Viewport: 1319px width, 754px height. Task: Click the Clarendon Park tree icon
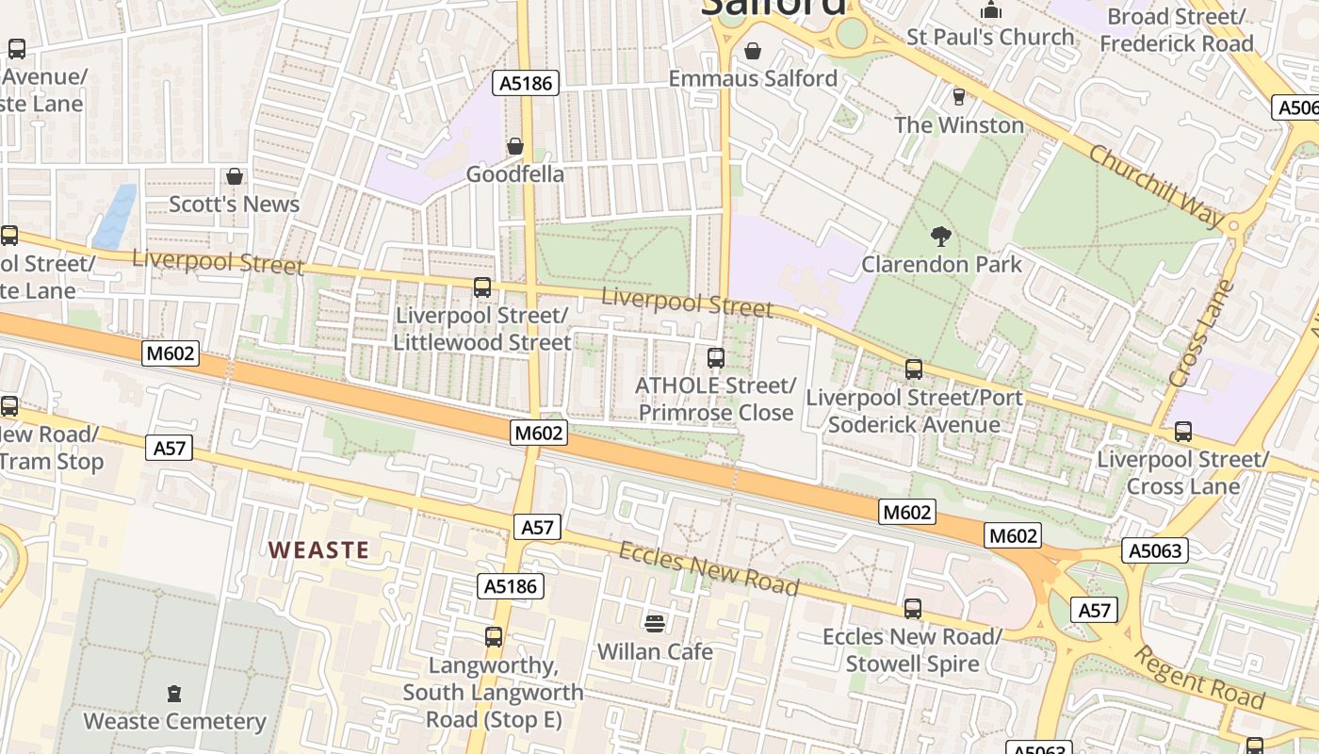coord(939,237)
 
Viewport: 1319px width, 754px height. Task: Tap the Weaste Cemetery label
coord(175,722)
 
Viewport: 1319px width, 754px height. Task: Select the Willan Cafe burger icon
coord(655,623)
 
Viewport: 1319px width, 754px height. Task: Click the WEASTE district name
coord(318,549)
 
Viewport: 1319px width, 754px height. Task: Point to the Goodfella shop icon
coord(515,146)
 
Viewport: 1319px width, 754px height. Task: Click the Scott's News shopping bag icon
coord(235,176)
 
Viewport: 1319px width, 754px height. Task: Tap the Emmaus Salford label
coord(753,78)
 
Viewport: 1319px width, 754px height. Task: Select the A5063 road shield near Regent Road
coord(1155,550)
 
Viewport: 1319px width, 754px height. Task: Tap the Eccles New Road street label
coord(708,568)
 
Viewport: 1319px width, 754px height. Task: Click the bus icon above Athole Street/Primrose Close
coord(716,358)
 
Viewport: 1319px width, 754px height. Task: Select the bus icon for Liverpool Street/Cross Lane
coord(1183,432)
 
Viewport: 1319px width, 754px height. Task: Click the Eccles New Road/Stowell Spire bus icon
coord(912,609)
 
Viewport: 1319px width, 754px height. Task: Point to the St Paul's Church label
coord(990,37)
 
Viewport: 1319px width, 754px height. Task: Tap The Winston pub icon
coord(959,97)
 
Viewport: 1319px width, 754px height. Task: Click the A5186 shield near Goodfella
coord(526,83)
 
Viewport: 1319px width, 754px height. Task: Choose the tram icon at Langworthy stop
coord(494,637)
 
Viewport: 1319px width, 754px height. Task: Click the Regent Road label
coord(1197,678)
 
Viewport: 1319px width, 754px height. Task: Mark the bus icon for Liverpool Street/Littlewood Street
coord(482,287)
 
